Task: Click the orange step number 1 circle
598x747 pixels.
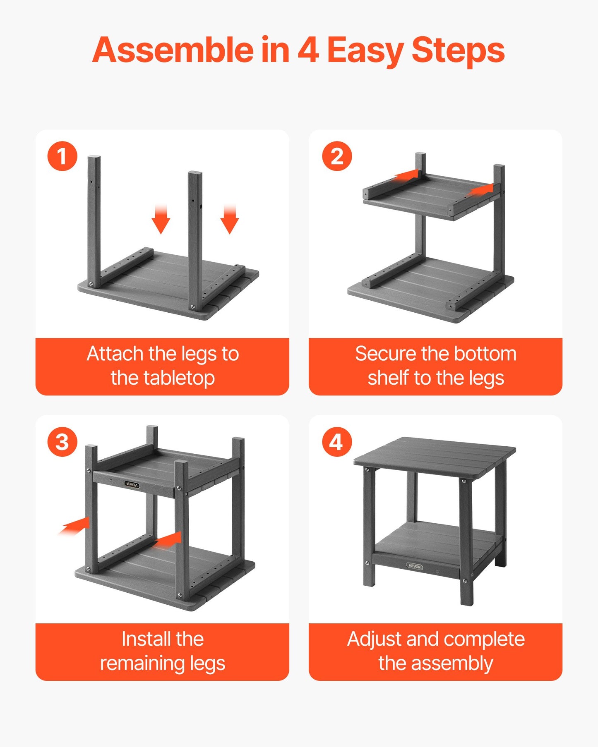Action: click(x=62, y=156)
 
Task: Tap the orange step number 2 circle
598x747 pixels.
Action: click(x=337, y=156)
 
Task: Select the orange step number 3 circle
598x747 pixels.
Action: click(x=62, y=442)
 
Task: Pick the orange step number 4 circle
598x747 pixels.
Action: click(x=337, y=442)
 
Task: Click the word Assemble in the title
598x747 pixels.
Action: click(x=173, y=50)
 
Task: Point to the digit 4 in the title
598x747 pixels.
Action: click(x=308, y=50)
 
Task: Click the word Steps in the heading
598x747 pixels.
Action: click(x=458, y=50)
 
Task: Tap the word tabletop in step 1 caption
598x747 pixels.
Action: click(x=179, y=378)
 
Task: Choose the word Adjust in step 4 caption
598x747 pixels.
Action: click(x=375, y=639)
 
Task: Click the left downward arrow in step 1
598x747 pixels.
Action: click(x=161, y=219)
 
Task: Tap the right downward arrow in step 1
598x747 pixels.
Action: click(x=230, y=219)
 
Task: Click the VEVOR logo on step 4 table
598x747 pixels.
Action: click(x=414, y=566)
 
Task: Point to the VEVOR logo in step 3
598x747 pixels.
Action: click(x=132, y=484)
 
